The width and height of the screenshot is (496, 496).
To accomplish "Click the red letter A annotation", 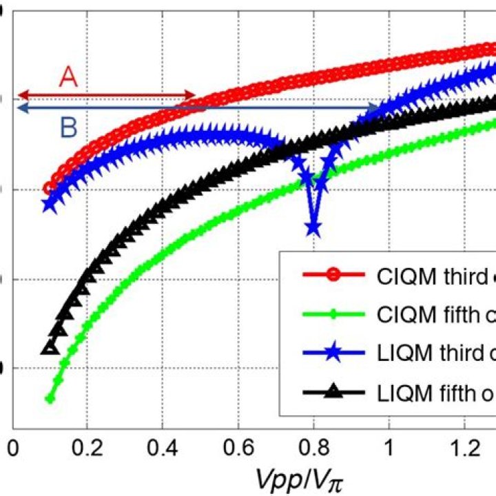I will (x=68, y=76).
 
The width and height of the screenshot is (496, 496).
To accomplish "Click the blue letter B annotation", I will (x=68, y=126).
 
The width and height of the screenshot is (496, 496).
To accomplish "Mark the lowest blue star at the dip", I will (x=314, y=227).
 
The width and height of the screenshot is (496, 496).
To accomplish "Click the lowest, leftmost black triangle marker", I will (x=49, y=348).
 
